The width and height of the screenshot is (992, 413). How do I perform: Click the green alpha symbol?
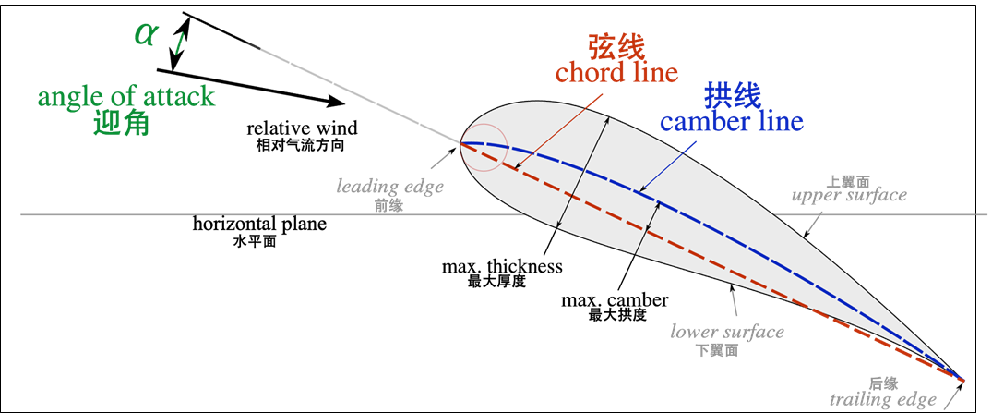(147, 35)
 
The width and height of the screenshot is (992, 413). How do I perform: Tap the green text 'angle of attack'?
(125, 97)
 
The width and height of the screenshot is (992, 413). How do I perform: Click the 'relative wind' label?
(301, 128)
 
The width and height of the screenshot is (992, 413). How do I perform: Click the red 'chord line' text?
(616, 72)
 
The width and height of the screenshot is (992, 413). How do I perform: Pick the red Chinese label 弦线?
(616, 46)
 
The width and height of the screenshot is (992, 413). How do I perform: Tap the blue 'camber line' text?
(731, 121)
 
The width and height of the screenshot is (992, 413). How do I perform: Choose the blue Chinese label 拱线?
(732, 95)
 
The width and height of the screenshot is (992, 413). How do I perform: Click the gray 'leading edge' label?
(389, 187)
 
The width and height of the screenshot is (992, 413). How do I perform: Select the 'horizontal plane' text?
(259, 225)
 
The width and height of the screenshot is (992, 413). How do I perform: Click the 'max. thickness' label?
(502, 267)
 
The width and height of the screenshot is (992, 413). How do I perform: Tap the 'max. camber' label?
(615, 300)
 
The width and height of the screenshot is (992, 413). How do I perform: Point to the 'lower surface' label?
(727, 332)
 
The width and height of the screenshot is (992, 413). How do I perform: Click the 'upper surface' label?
(849, 196)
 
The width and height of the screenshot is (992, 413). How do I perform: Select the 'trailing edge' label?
(882, 399)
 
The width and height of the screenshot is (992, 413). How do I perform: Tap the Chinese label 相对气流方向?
(301, 145)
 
